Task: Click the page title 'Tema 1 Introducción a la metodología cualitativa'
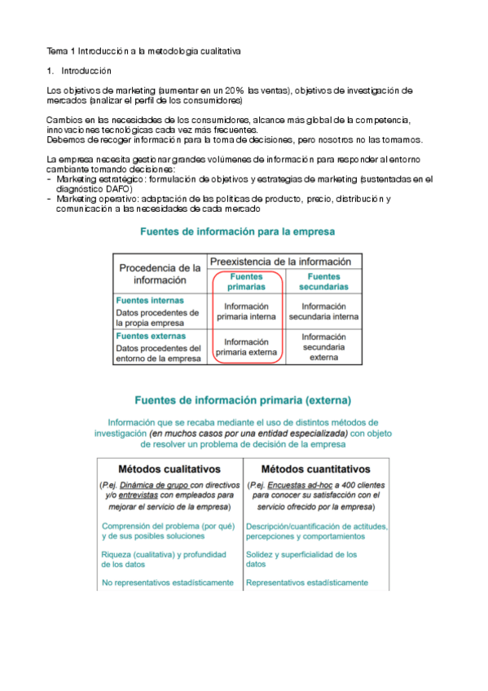(x=143, y=51)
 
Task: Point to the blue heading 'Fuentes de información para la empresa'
(x=237, y=231)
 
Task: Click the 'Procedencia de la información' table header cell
(x=160, y=274)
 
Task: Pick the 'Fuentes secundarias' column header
(x=323, y=282)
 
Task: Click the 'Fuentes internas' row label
(x=150, y=300)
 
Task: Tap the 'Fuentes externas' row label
(x=151, y=336)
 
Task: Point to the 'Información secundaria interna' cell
(x=323, y=311)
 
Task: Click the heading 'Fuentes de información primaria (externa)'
(x=243, y=400)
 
